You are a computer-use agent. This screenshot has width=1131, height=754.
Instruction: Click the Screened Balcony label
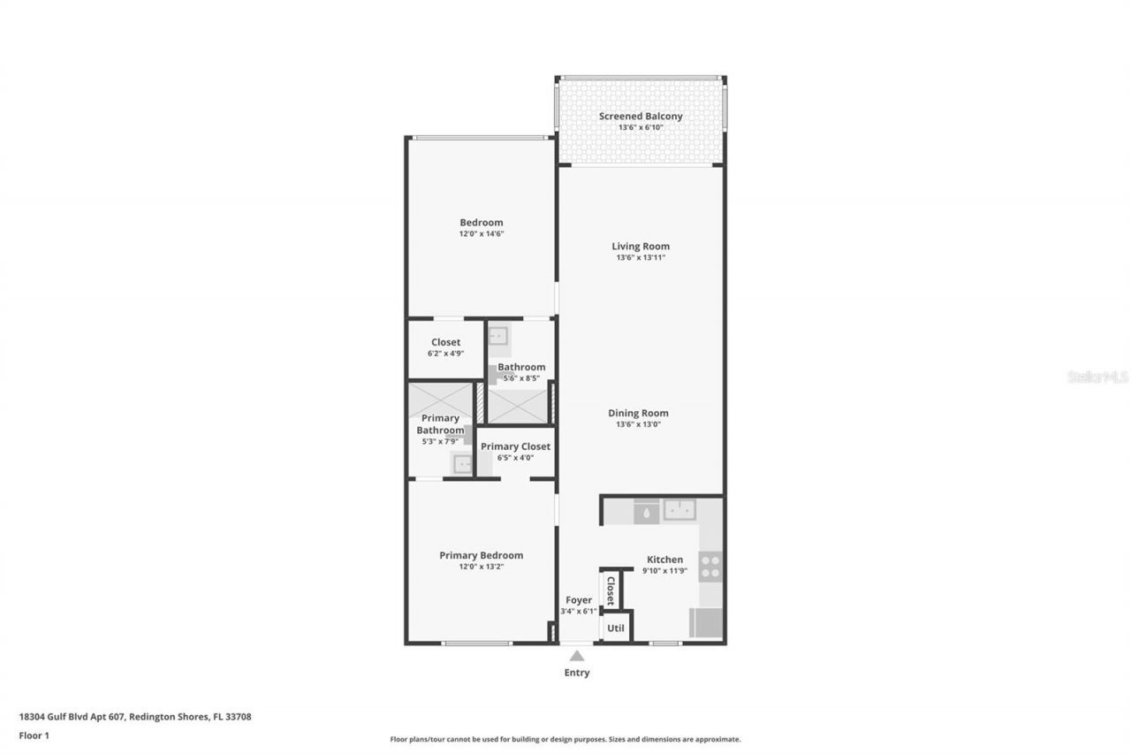[x=641, y=116]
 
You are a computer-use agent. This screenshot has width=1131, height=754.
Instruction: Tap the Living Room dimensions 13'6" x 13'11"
[x=641, y=258]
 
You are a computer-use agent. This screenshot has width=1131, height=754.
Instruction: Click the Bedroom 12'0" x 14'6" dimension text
[x=481, y=234]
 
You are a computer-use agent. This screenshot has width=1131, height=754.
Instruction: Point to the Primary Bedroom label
[x=481, y=555]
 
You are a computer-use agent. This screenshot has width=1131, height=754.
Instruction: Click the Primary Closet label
[x=515, y=446]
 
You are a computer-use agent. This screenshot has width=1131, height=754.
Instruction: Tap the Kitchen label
[x=664, y=559]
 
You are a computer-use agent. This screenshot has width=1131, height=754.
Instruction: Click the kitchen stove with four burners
[x=710, y=566]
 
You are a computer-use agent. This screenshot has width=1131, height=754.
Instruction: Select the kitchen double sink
[x=679, y=509]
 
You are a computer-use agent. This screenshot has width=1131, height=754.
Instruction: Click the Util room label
[x=616, y=628]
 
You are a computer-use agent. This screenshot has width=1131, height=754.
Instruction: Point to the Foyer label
[x=578, y=600]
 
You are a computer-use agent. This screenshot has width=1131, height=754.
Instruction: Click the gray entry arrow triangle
[x=577, y=656]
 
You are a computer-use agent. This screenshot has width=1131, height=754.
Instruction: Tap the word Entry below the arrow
[x=577, y=673]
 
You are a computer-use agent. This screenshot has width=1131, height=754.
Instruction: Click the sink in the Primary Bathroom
[x=462, y=462]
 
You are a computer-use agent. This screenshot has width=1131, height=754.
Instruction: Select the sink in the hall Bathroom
[x=499, y=336]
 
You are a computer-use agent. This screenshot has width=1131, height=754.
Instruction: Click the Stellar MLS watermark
[x=1097, y=377]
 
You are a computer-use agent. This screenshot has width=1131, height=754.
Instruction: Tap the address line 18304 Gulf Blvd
[x=135, y=717]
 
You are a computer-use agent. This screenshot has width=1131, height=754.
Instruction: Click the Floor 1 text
[x=34, y=735]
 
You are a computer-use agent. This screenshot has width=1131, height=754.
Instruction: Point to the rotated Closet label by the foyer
[x=610, y=590]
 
